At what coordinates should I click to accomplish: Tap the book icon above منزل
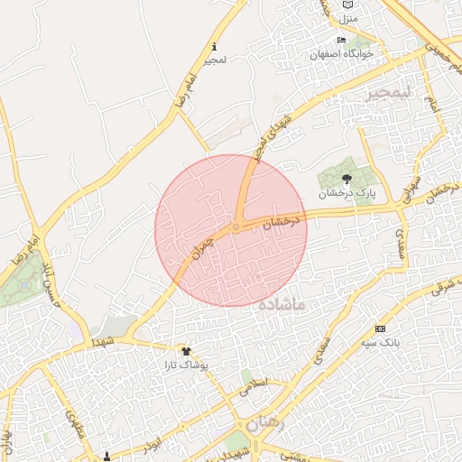347,5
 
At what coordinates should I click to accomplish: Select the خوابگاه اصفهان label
341,54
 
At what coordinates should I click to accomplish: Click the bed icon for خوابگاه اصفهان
341,41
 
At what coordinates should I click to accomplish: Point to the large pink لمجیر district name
389,92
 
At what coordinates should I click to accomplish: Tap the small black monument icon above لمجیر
214,46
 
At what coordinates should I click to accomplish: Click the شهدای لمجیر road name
272,132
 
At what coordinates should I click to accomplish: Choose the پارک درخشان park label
346,193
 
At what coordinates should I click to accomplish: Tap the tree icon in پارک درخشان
347,179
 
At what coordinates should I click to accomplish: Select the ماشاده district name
282,307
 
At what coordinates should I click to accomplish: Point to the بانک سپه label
379,343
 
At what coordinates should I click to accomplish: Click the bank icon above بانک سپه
379,328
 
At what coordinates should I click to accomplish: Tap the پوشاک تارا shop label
186,365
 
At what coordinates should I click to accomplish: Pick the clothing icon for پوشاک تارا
186,351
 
